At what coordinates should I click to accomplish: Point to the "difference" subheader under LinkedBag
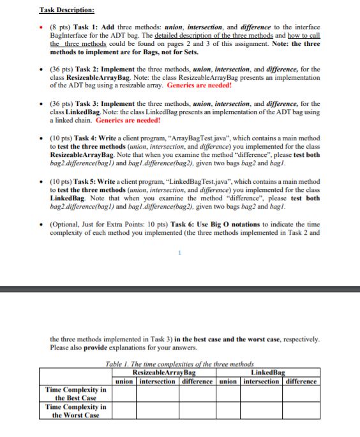coord(300,381)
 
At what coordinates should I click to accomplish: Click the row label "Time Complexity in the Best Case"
coord(75,393)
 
